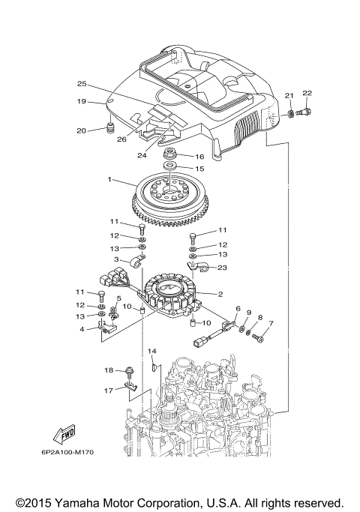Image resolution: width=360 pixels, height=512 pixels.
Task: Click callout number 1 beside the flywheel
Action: (x=109, y=180)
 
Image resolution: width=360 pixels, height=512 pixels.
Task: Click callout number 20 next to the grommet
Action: (x=82, y=130)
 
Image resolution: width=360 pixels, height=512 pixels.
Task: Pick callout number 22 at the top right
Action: (x=307, y=93)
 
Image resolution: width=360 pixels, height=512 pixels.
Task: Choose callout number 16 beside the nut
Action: (x=199, y=157)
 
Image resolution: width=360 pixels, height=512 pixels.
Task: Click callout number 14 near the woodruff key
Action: (x=151, y=351)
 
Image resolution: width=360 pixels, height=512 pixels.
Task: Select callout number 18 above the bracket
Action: (x=109, y=370)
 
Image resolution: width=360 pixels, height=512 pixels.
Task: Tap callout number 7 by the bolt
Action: (x=271, y=324)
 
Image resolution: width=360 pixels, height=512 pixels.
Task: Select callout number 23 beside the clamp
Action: (x=222, y=267)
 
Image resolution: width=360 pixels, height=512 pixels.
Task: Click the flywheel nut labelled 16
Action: (x=171, y=155)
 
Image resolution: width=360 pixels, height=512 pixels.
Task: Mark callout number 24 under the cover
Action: (x=141, y=155)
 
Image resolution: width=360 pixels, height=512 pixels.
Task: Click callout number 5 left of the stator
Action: (x=118, y=298)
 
